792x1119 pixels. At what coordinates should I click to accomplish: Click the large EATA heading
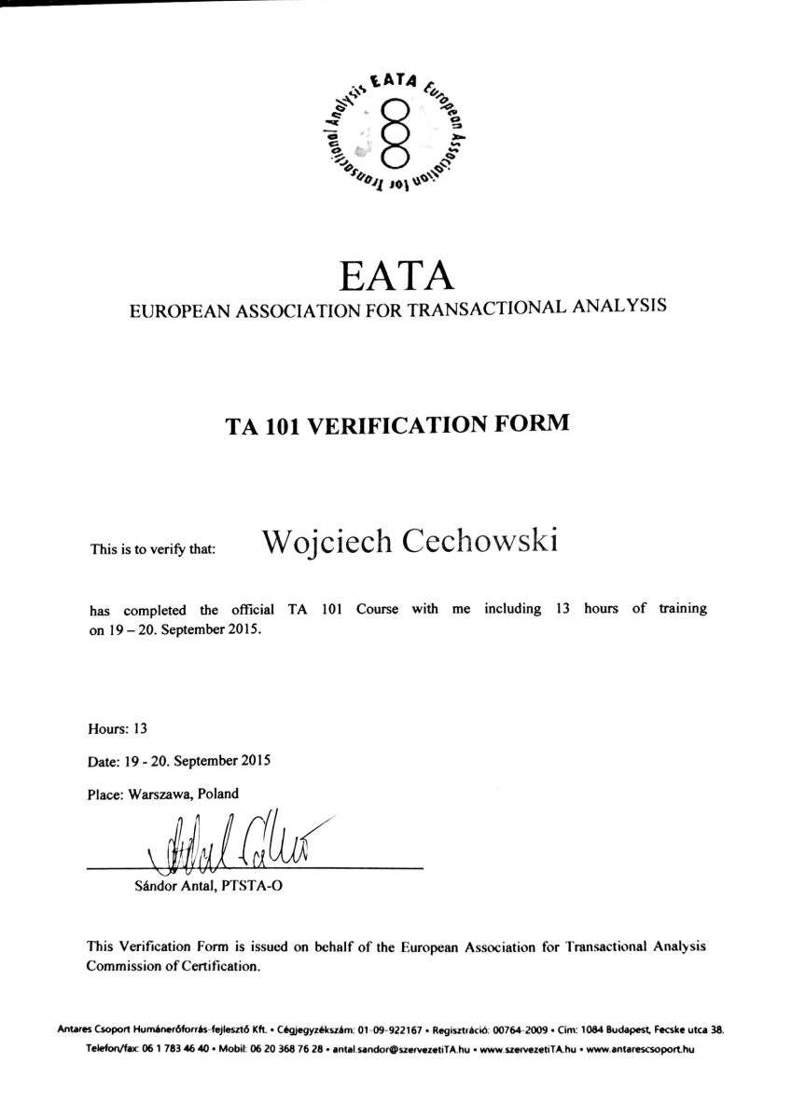click(396, 275)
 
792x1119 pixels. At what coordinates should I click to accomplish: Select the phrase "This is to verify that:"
click(152, 549)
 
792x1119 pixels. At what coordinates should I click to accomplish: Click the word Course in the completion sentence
click(376, 610)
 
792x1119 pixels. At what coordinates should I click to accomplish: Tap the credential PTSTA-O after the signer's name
click(253, 887)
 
